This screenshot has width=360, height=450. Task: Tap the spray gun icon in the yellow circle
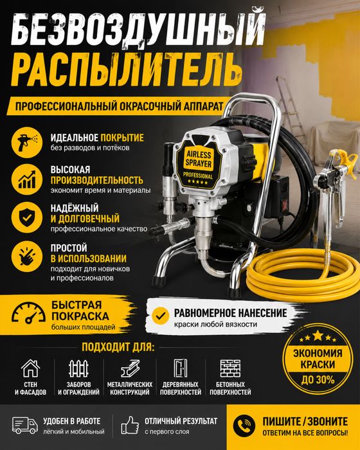pos(27,142)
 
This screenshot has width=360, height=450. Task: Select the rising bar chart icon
pos(27,179)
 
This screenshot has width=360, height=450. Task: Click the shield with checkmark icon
pos(27,217)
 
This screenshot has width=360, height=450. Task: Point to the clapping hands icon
pos(27,256)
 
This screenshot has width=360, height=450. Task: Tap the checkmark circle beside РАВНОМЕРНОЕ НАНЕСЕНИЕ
pos(161,316)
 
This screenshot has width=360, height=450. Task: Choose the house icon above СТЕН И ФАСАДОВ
pos(30,368)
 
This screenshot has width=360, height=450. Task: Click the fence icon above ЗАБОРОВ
pos(78,368)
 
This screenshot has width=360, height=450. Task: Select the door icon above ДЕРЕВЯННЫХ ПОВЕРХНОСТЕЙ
pos(181,368)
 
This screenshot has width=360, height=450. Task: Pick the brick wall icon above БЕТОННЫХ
pos(230,368)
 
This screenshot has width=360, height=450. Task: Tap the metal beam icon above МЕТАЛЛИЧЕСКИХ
pos(130,368)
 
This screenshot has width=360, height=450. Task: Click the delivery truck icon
pos(25,425)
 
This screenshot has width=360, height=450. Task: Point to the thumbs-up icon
pos(130,425)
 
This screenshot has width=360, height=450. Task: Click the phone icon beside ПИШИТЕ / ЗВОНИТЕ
pos(244,426)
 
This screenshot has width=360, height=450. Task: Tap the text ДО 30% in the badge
pos(318,380)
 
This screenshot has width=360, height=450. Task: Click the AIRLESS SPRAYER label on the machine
pos(199,159)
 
